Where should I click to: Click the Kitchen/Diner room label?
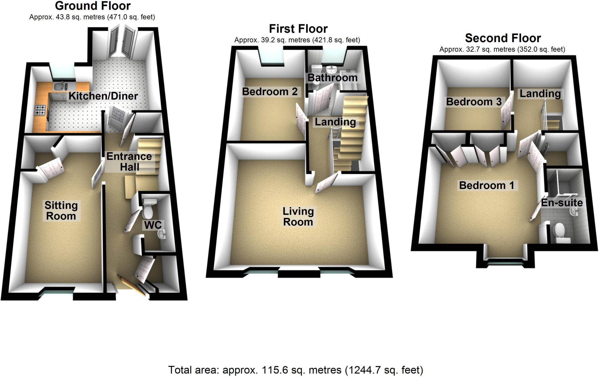103,96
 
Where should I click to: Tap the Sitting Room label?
61,211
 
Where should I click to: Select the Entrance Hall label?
129,161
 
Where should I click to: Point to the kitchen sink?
61,87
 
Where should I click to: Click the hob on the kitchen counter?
40,111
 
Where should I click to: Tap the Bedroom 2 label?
270,92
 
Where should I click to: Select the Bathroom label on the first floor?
333,78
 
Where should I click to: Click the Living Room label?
298,216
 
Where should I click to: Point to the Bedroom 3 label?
474,101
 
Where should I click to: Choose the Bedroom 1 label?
487,185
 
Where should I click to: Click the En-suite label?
562,203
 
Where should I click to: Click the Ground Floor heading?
93,6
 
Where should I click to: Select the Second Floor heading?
503,38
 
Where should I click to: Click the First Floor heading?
298,29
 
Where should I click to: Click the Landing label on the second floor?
540,94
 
